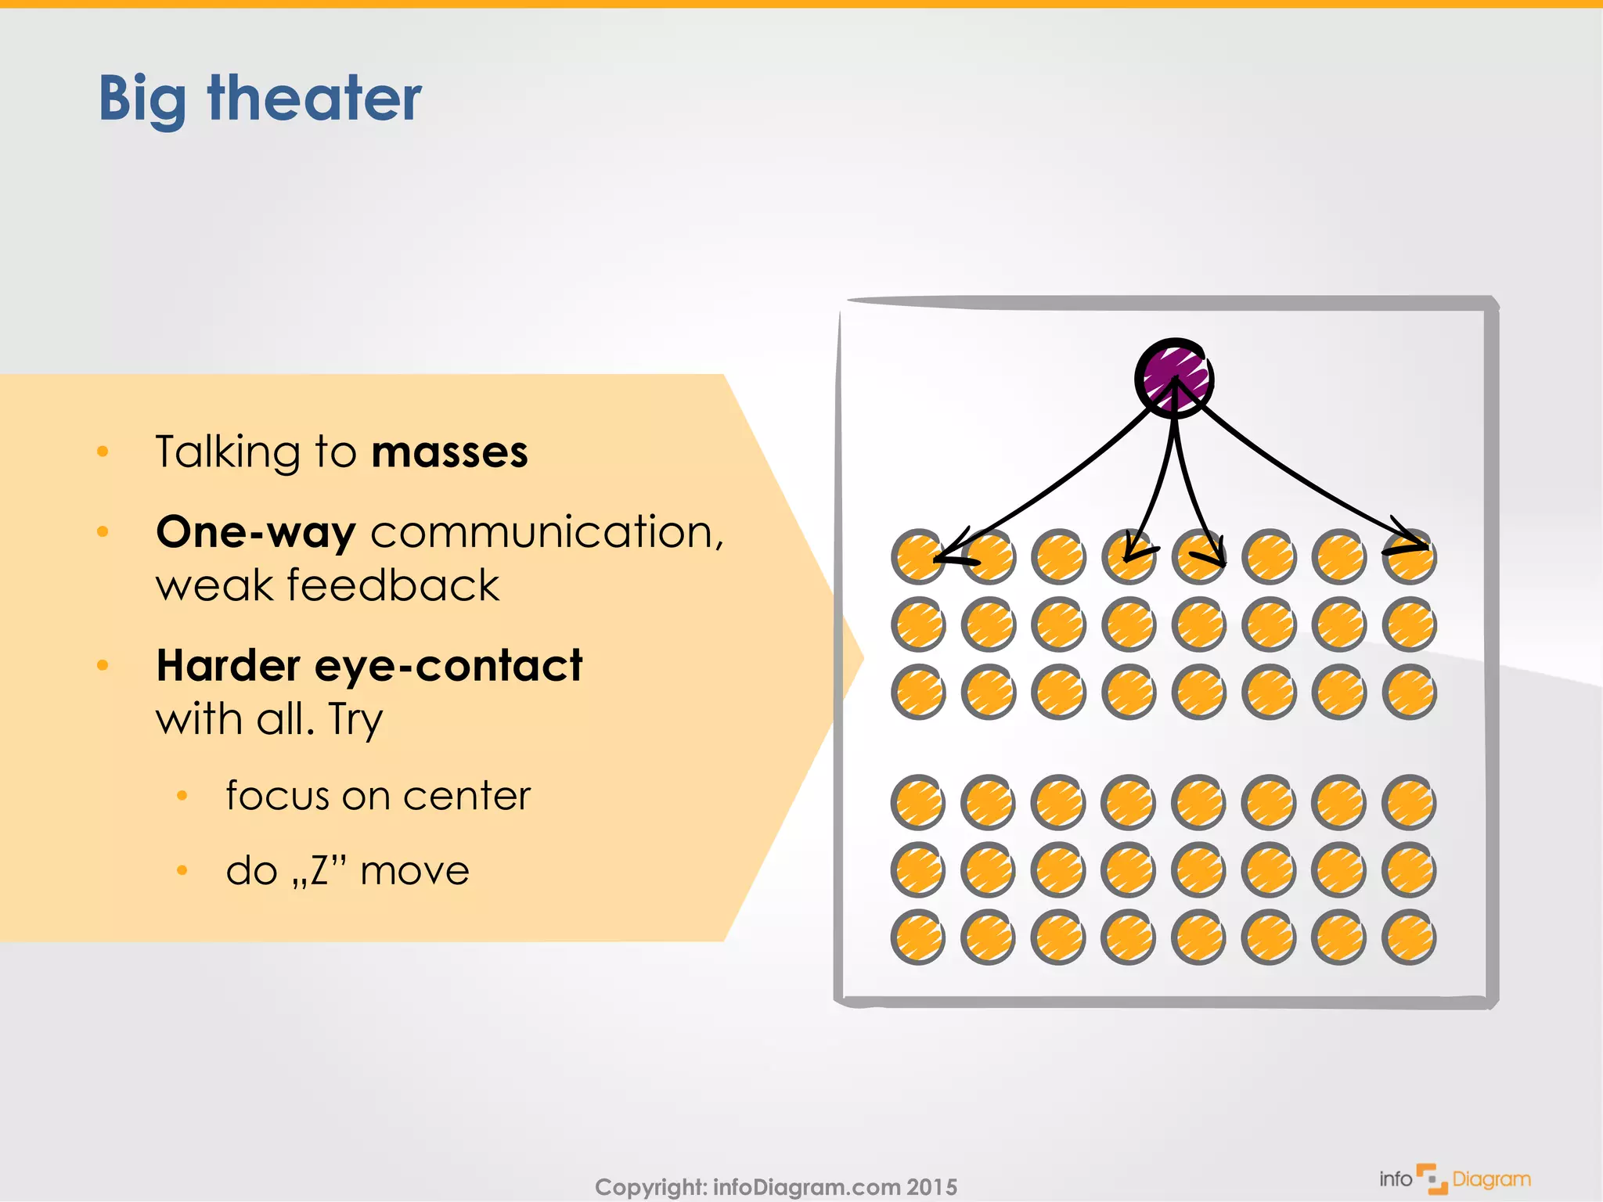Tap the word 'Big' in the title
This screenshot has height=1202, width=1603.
(x=142, y=100)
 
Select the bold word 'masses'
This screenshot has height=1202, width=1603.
(x=449, y=452)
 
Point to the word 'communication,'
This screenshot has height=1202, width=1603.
(x=547, y=532)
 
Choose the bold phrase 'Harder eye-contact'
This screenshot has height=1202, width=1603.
(x=369, y=666)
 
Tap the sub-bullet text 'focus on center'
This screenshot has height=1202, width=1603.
(x=377, y=796)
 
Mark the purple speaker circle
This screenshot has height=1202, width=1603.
(x=1173, y=377)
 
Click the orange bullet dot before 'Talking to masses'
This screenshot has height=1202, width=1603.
(x=103, y=452)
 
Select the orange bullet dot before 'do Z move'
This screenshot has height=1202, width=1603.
(x=182, y=870)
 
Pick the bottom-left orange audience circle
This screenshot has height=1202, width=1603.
(x=917, y=937)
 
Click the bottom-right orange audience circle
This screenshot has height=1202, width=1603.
(x=1409, y=937)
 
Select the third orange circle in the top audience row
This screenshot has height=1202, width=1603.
(x=1058, y=557)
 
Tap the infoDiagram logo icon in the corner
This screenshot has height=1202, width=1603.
(x=1432, y=1179)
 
